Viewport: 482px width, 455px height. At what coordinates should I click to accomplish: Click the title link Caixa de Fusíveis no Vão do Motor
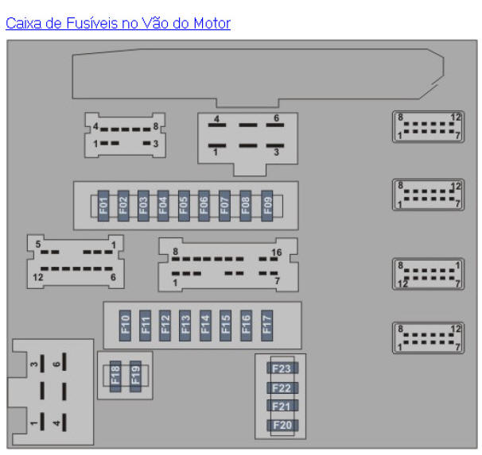(x=118, y=23)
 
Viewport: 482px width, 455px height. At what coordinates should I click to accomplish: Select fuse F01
(x=103, y=206)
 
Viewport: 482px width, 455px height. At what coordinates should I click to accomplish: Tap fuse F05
(x=184, y=206)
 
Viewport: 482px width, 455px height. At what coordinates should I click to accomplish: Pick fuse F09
(x=266, y=206)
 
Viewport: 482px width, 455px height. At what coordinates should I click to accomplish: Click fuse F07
(x=224, y=206)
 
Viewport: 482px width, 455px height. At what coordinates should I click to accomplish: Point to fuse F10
(x=125, y=326)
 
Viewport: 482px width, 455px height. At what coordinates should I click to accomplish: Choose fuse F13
(x=185, y=326)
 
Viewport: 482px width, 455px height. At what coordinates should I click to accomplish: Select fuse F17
(x=266, y=326)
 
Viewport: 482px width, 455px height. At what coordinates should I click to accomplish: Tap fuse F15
(x=225, y=326)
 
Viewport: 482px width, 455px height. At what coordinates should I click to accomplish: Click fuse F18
(x=115, y=376)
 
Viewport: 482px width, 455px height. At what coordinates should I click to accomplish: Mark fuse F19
(x=135, y=376)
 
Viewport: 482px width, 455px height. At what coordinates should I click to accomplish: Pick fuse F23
(x=282, y=368)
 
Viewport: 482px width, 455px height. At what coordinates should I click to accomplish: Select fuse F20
(x=282, y=426)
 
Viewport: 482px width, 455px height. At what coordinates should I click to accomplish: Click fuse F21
(x=282, y=407)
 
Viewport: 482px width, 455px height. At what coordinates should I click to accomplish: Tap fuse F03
(x=143, y=206)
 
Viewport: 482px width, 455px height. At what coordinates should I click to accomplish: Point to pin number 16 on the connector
(x=276, y=253)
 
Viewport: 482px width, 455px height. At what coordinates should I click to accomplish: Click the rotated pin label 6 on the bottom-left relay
(x=56, y=364)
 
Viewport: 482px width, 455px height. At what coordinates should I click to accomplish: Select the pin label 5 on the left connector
(x=38, y=245)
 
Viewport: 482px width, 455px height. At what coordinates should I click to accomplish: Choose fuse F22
(x=282, y=388)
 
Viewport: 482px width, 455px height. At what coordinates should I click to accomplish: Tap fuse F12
(x=165, y=326)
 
